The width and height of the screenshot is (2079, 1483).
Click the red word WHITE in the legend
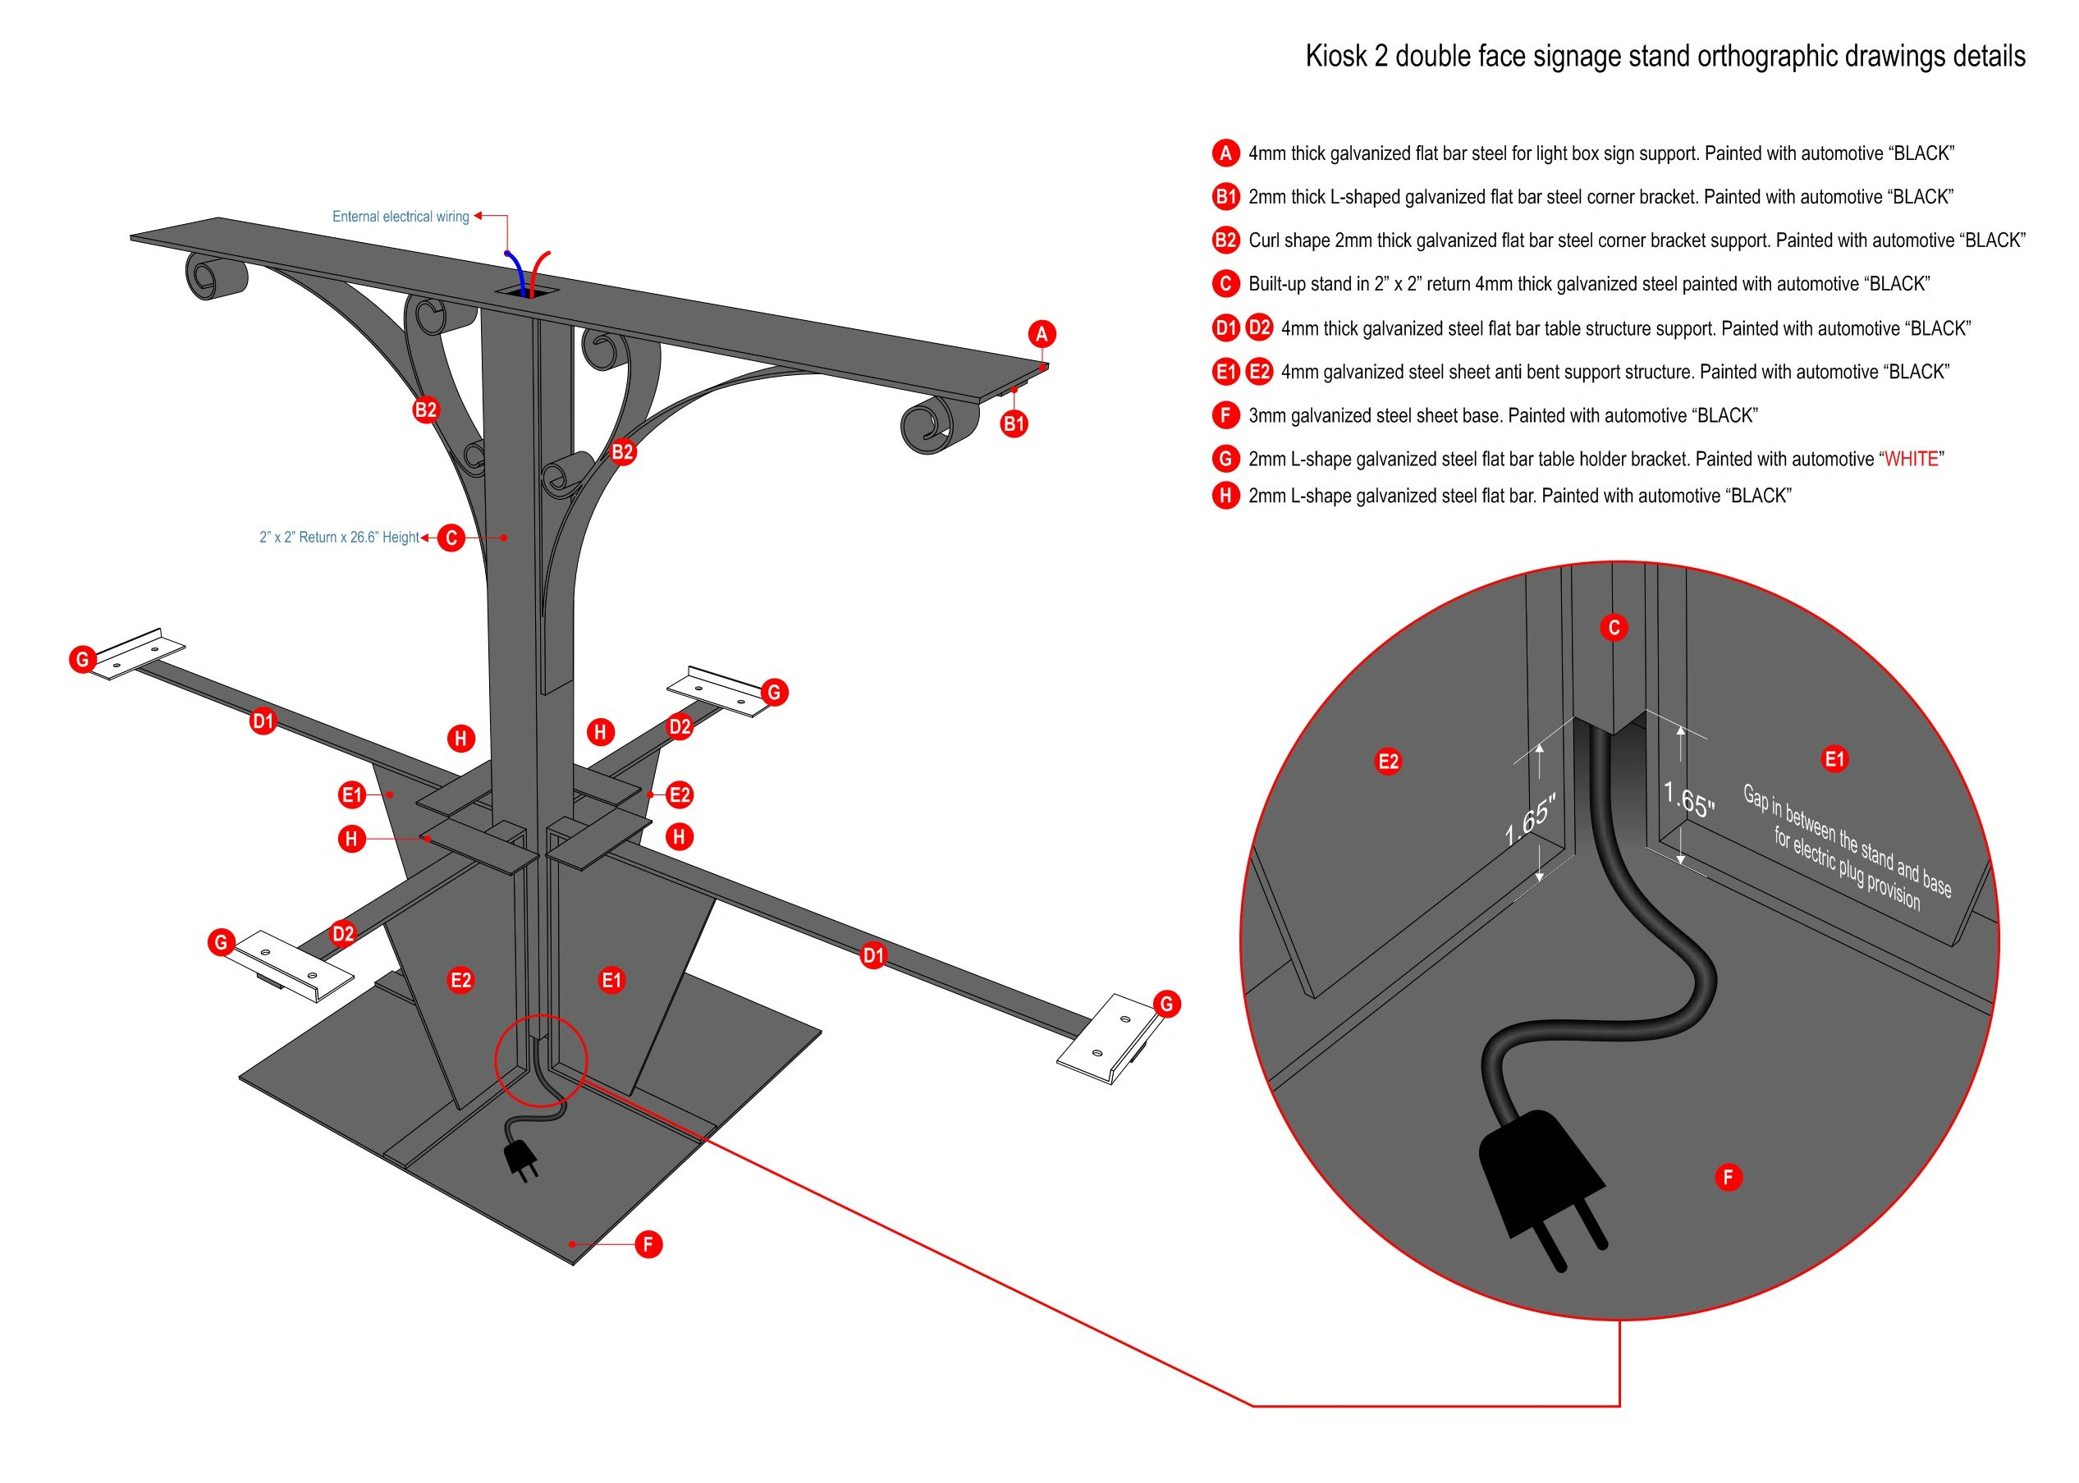point(1911,460)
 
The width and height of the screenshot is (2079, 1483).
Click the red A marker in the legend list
point(1225,153)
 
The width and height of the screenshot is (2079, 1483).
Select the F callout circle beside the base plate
point(648,1243)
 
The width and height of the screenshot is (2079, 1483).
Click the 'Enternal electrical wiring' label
point(400,217)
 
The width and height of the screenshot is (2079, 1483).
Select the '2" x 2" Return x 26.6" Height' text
point(339,537)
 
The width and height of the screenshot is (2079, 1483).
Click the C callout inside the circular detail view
point(1614,627)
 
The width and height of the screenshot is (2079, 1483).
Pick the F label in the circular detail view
point(1728,1177)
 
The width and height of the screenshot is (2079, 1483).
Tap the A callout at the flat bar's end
point(1042,334)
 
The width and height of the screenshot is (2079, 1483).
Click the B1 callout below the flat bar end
point(1014,423)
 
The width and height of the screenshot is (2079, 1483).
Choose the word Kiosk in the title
point(1335,57)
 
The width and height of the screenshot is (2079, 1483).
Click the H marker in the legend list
point(1225,496)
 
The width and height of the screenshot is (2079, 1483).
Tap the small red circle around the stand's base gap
point(541,1060)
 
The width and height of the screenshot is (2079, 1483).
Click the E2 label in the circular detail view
point(1388,762)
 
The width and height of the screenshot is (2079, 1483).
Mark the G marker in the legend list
point(1225,460)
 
